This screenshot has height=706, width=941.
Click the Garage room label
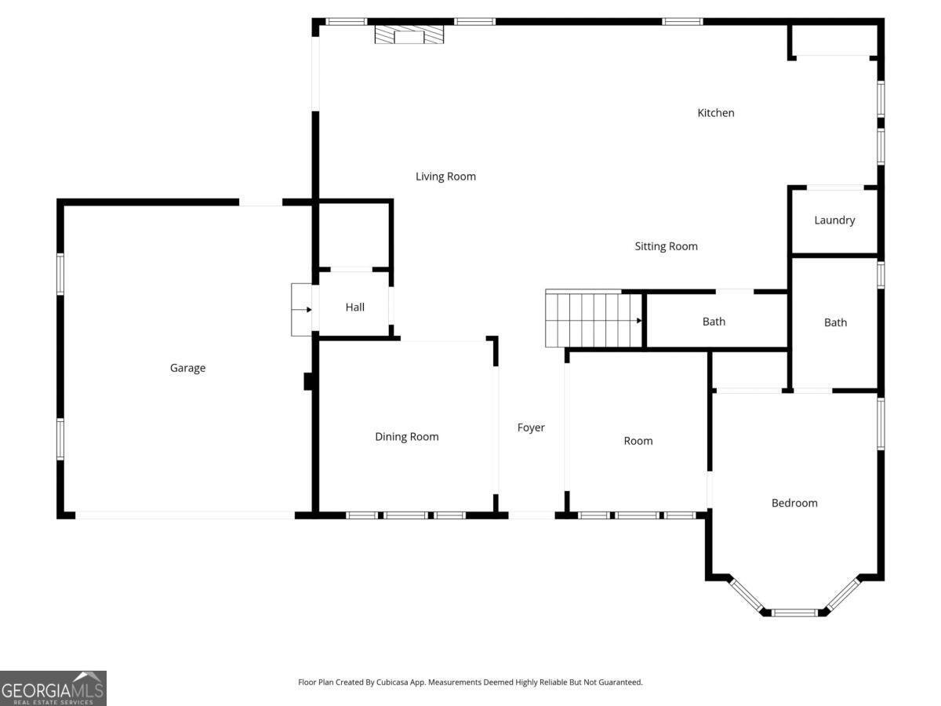[187, 368]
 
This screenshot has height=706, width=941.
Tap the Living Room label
[445, 176]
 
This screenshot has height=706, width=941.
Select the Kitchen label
[715, 113]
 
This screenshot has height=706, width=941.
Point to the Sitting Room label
[666, 246]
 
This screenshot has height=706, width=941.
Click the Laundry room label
[834, 220]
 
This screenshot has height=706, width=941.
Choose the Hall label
[355, 307]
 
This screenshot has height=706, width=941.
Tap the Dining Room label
[406, 437]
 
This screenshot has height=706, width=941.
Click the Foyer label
[531, 428]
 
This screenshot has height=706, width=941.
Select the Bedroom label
[794, 503]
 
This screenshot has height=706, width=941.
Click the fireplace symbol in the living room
[409, 35]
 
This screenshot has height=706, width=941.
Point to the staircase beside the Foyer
[594, 318]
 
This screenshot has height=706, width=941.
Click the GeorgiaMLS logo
[53, 688]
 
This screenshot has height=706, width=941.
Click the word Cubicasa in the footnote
[392, 682]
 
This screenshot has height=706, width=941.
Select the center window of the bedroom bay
[794, 612]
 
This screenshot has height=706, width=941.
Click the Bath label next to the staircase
[714, 322]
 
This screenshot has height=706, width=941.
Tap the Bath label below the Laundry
[835, 322]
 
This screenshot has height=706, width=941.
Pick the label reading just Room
[638, 441]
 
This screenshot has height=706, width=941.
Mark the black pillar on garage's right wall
[308, 381]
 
